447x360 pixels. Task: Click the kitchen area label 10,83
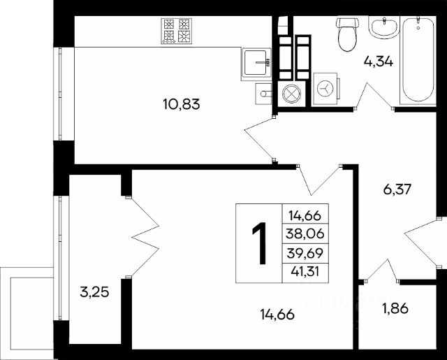tap(182, 104)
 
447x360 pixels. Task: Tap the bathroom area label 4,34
tap(379, 62)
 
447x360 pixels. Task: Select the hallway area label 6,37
tap(397, 189)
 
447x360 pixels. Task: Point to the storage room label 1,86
tap(396, 308)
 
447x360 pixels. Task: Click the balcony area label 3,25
tap(94, 292)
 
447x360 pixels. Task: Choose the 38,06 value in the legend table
tap(305, 234)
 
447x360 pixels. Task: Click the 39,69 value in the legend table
tap(305, 253)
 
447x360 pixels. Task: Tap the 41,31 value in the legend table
tap(305, 271)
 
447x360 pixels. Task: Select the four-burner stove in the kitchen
tap(176, 31)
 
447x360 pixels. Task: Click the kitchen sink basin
tap(256, 62)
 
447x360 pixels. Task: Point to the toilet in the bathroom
tap(347, 34)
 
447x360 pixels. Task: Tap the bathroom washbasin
tap(383, 27)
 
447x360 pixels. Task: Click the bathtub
tap(418, 61)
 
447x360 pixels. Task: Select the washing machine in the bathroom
tap(325, 89)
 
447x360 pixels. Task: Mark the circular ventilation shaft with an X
tap(291, 93)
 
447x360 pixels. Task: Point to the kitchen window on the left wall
tap(60, 94)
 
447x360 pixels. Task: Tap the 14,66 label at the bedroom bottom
tap(277, 315)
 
